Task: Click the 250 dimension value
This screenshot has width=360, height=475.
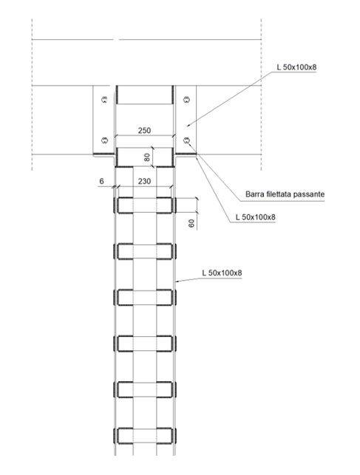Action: click(144, 131)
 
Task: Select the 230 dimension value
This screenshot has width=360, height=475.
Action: click(144, 181)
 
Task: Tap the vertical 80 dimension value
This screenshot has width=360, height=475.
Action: click(147, 157)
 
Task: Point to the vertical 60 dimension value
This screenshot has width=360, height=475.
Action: click(191, 224)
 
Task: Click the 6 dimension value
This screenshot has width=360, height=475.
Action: click(101, 181)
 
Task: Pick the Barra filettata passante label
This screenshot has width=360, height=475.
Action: click(285, 194)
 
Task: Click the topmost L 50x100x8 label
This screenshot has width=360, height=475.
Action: click(296, 67)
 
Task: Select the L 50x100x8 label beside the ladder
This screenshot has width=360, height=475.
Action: click(222, 273)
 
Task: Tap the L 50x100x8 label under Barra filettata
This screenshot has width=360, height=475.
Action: click(256, 217)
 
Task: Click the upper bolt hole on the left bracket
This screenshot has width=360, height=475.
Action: click(104, 99)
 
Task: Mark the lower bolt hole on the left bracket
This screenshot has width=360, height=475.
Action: click(104, 140)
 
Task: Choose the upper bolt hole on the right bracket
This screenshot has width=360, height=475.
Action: click(186, 99)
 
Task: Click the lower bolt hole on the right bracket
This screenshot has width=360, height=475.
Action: click(186, 140)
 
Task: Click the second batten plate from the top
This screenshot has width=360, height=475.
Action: click(145, 251)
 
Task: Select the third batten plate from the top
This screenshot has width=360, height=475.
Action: click(145, 298)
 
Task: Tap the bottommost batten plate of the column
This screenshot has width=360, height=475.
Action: click(145, 436)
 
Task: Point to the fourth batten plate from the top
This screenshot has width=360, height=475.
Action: click(145, 344)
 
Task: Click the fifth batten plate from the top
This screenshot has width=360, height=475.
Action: click(145, 390)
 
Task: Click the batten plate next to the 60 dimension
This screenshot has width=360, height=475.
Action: click(145, 205)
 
